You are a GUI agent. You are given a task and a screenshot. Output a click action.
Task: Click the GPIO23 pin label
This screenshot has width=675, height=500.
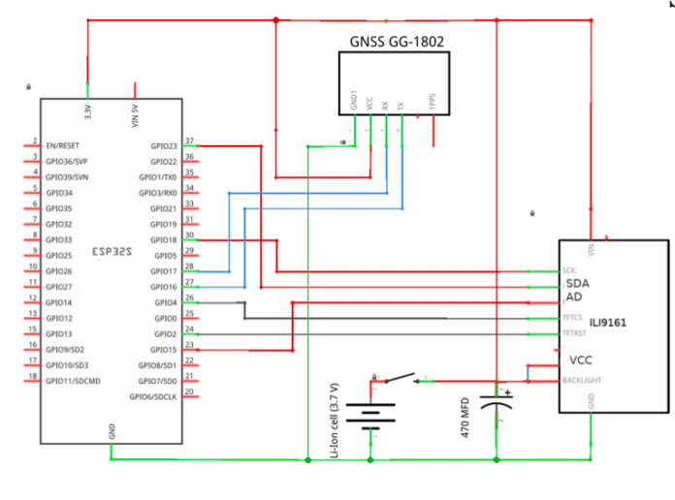pos(163,145)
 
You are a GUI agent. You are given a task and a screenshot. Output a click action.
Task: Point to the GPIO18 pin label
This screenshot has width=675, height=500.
pos(163,239)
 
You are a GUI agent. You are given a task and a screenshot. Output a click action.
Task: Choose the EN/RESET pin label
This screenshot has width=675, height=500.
pos(65,145)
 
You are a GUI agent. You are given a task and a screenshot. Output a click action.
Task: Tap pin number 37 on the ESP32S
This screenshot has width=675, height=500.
pos(190,141)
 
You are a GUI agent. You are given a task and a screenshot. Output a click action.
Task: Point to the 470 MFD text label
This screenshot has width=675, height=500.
pos(465,418)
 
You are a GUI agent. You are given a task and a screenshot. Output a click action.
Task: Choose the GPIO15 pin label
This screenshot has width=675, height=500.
pos(163,349)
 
